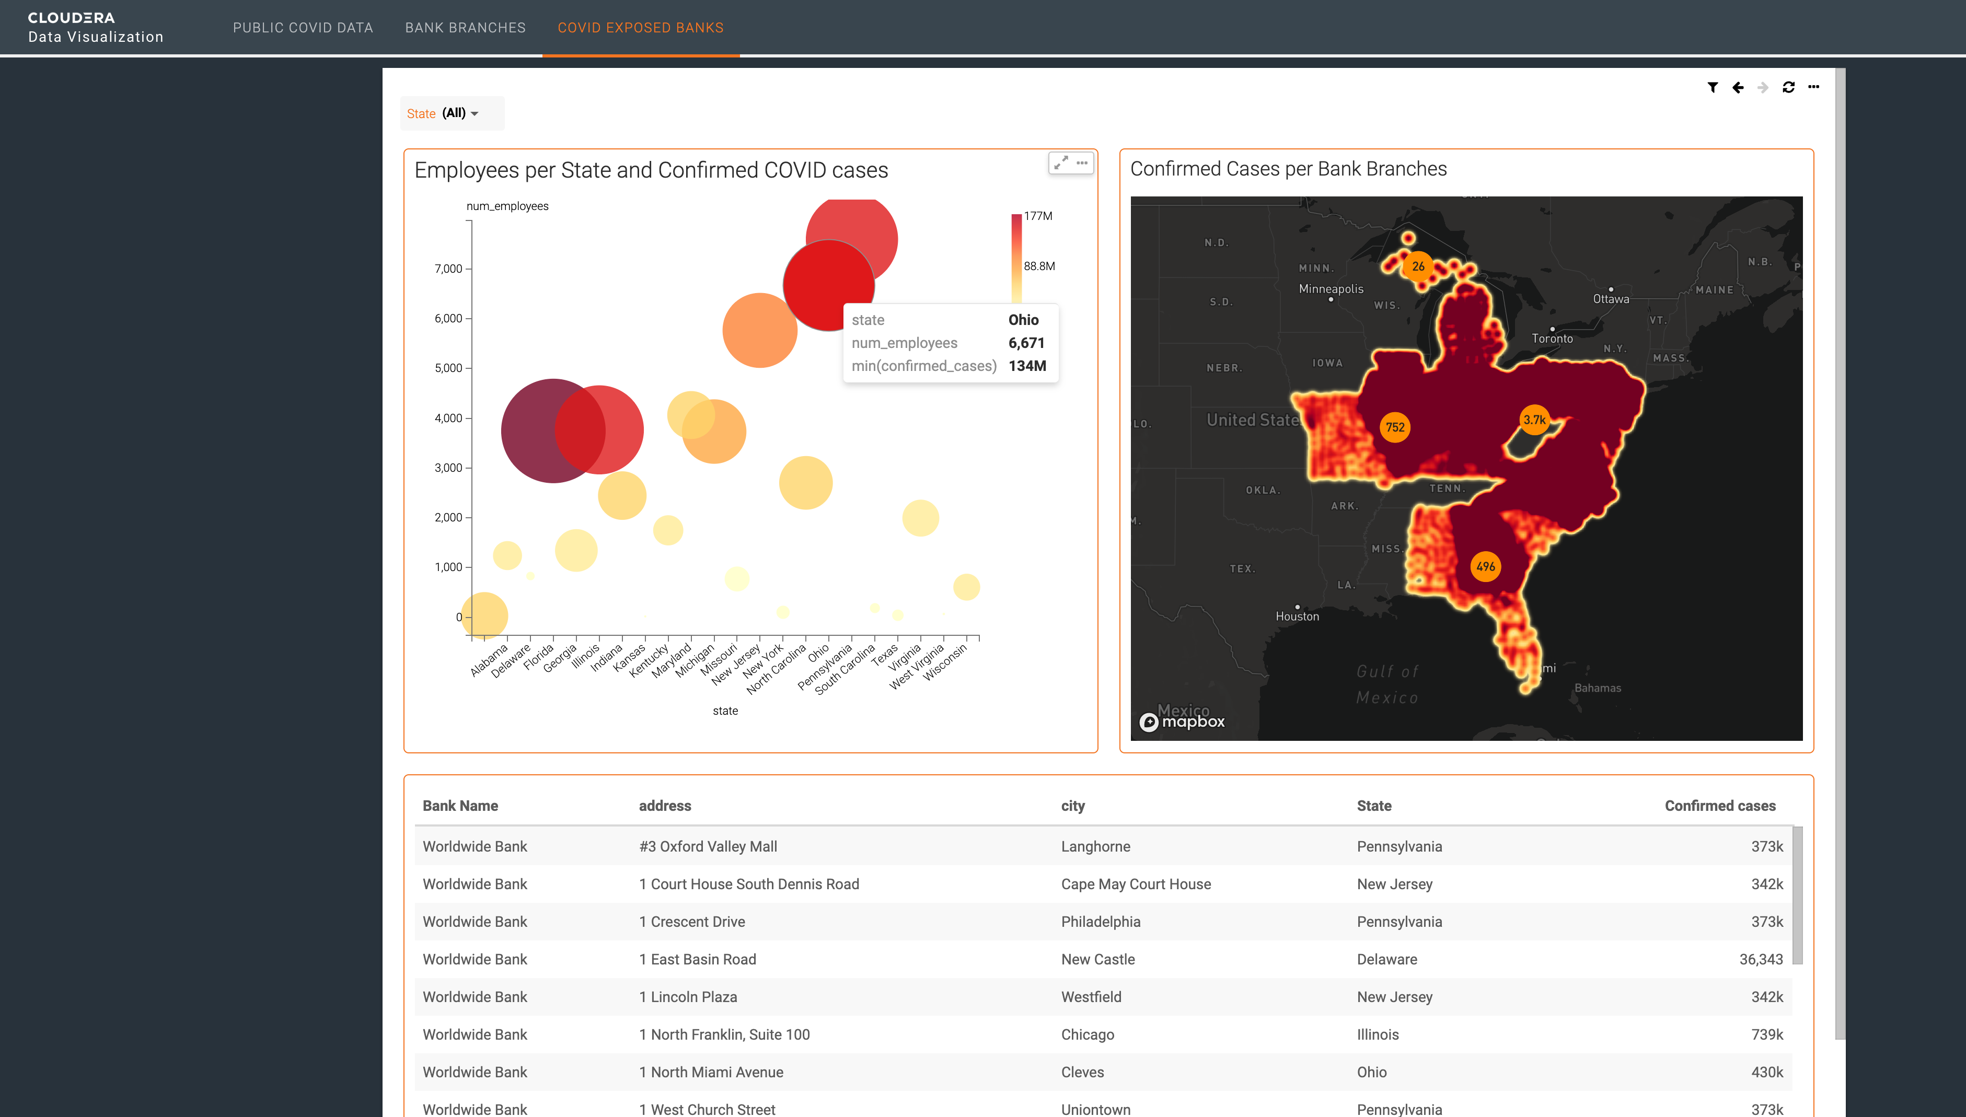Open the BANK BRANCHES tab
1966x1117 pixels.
point(465,28)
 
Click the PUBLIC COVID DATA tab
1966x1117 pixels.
point(303,28)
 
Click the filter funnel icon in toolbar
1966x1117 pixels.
point(1713,87)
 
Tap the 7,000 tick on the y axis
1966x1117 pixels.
point(448,269)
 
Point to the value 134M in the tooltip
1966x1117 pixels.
point(1027,366)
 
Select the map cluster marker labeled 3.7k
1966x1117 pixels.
point(1534,420)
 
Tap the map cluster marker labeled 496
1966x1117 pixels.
point(1486,567)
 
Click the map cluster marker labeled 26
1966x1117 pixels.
point(1418,266)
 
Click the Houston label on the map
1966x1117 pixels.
point(1297,616)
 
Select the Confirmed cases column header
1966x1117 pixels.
point(1720,806)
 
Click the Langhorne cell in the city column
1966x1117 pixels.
point(1095,846)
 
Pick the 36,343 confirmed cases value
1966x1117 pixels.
point(1760,959)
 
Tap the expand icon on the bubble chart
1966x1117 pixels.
point(1060,162)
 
